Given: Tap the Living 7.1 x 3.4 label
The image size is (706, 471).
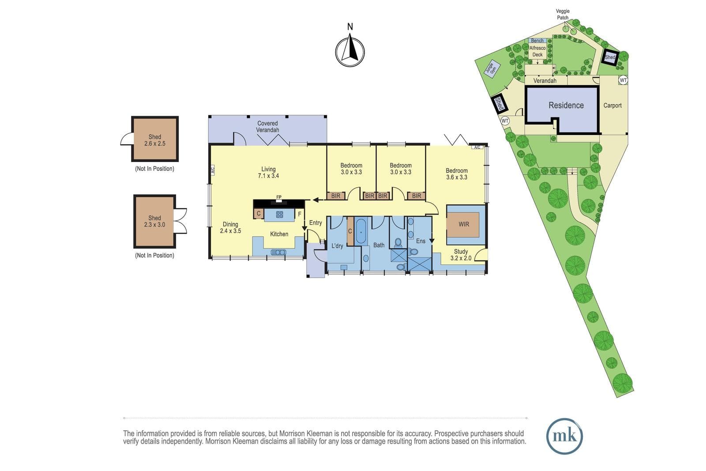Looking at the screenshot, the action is pyautogui.click(x=269, y=173).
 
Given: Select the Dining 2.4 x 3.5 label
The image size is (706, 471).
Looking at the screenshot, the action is pyautogui.click(x=230, y=228).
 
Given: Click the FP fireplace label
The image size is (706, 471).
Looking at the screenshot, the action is pyautogui.click(x=279, y=197).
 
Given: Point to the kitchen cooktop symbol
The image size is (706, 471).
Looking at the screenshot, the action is pyautogui.click(x=280, y=215).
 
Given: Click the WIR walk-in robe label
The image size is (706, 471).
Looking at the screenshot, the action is pyautogui.click(x=464, y=224).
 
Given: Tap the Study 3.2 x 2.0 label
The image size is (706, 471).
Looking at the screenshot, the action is pyautogui.click(x=461, y=255).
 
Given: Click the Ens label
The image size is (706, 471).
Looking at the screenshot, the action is pyautogui.click(x=421, y=241).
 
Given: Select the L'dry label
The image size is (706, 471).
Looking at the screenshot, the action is pyautogui.click(x=337, y=246).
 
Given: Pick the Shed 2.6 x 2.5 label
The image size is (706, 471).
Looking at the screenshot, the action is pyautogui.click(x=155, y=140).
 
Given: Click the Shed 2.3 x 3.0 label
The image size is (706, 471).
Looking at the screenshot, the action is pyautogui.click(x=155, y=221).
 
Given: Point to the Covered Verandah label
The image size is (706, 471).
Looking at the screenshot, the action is pyautogui.click(x=267, y=127).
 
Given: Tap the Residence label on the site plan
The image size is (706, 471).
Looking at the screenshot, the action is pyautogui.click(x=566, y=106).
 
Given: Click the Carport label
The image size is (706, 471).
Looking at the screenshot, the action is pyautogui.click(x=612, y=106).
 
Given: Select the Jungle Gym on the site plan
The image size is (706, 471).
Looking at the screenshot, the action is pyautogui.click(x=492, y=68).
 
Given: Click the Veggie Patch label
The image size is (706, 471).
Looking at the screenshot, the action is pyautogui.click(x=563, y=15).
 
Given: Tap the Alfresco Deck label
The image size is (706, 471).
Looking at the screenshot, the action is pyautogui.click(x=537, y=51).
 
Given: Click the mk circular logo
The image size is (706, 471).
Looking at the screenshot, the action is pyautogui.click(x=564, y=436).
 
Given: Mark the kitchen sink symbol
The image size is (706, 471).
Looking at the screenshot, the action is pyautogui.click(x=278, y=252).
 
